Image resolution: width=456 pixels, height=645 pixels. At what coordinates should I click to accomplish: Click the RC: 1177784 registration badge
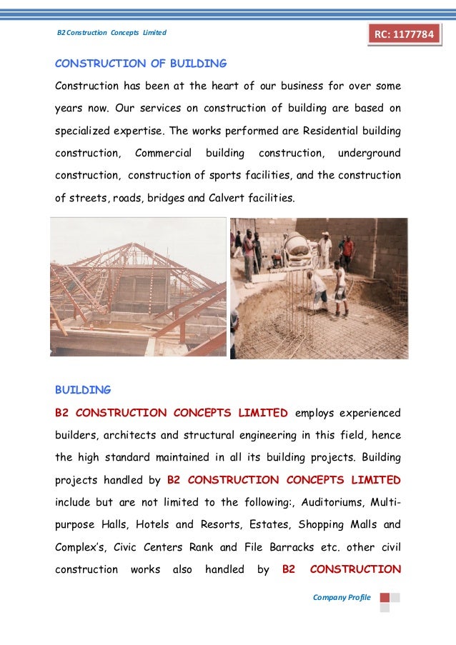[405, 34]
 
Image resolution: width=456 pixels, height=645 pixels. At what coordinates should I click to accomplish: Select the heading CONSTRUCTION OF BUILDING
[141, 64]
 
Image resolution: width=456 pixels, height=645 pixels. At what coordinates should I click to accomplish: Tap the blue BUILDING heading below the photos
[83, 390]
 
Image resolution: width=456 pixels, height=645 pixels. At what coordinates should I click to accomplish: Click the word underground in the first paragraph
[369, 153]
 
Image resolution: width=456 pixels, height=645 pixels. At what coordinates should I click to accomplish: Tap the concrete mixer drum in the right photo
[297, 247]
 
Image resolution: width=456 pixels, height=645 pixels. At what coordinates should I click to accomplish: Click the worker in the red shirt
[347, 249]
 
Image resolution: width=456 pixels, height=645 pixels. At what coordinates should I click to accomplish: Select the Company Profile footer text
[342, 597]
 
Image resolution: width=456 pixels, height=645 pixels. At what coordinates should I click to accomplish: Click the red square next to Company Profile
[385, 597]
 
